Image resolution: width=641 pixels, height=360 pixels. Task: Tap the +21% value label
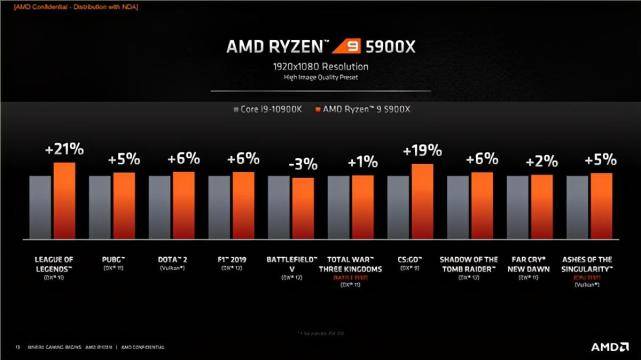(64, 149)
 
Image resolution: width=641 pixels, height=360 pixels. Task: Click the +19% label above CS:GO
(422, 151)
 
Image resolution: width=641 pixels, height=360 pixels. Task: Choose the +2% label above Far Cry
(541, 161)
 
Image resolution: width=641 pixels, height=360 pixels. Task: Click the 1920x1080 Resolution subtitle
(320, 66)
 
